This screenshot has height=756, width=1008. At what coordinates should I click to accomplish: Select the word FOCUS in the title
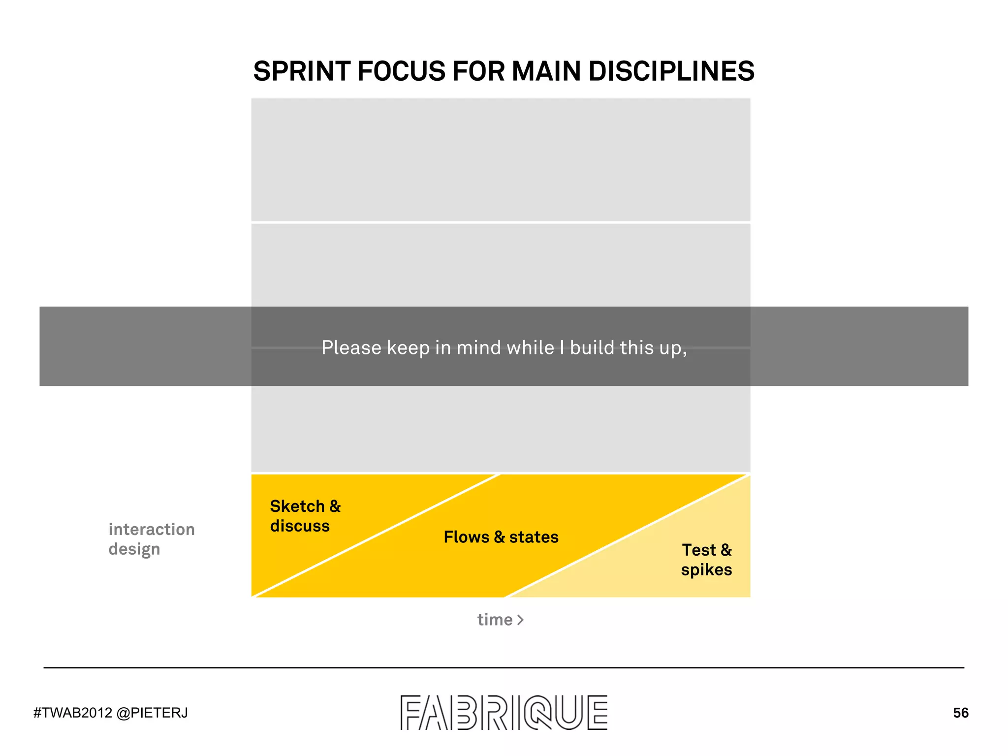[x=402, y=71]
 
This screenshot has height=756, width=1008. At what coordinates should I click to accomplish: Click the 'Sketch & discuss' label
[x=305, y=516]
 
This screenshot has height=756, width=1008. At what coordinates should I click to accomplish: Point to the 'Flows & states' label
[x=501, y=537]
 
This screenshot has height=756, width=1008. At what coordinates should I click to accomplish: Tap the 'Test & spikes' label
[x=706, y=560]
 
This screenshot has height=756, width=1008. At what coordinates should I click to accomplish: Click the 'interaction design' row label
[x=152, y=539]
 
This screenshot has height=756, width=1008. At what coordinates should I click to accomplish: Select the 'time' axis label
[x=495, y=620]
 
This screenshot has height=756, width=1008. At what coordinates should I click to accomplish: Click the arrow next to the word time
[x=520, y=620]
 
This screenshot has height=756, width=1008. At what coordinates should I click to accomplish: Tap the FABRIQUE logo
[x=504, y=712]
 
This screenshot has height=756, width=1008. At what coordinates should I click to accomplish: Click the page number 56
[x=960, y=713]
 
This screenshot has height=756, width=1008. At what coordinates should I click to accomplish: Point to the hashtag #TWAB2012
[x=73, y=713]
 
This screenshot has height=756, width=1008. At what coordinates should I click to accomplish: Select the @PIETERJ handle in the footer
[x=152, y=713]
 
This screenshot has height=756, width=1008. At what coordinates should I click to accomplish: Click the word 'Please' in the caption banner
[x=351, y=348]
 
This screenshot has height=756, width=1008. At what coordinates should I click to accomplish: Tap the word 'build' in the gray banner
[x=592, y=348]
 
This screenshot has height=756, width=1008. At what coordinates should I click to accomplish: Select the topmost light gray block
[x=501, y=159]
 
